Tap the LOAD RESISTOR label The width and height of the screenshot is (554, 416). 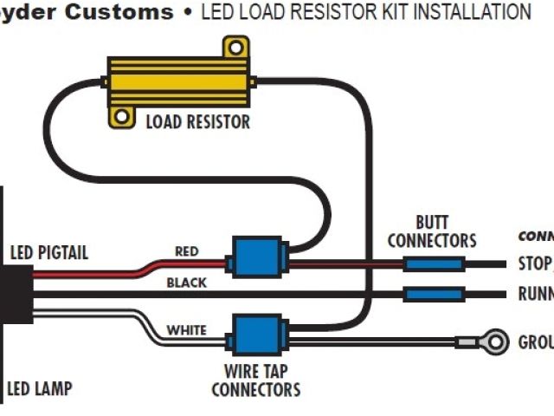coord(197,121)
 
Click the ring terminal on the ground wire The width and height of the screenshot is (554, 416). coord(493,341)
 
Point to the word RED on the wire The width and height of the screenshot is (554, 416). coord(187,252)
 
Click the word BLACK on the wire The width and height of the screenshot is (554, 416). coord(186,283)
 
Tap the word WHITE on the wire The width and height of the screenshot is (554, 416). coord(186,330)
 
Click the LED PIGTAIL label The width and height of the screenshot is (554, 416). coord(48,254)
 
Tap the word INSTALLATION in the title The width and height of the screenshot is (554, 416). coord(467,12)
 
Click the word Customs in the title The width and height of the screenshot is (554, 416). coord(121,12)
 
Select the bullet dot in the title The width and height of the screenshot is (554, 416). coord(188,13)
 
